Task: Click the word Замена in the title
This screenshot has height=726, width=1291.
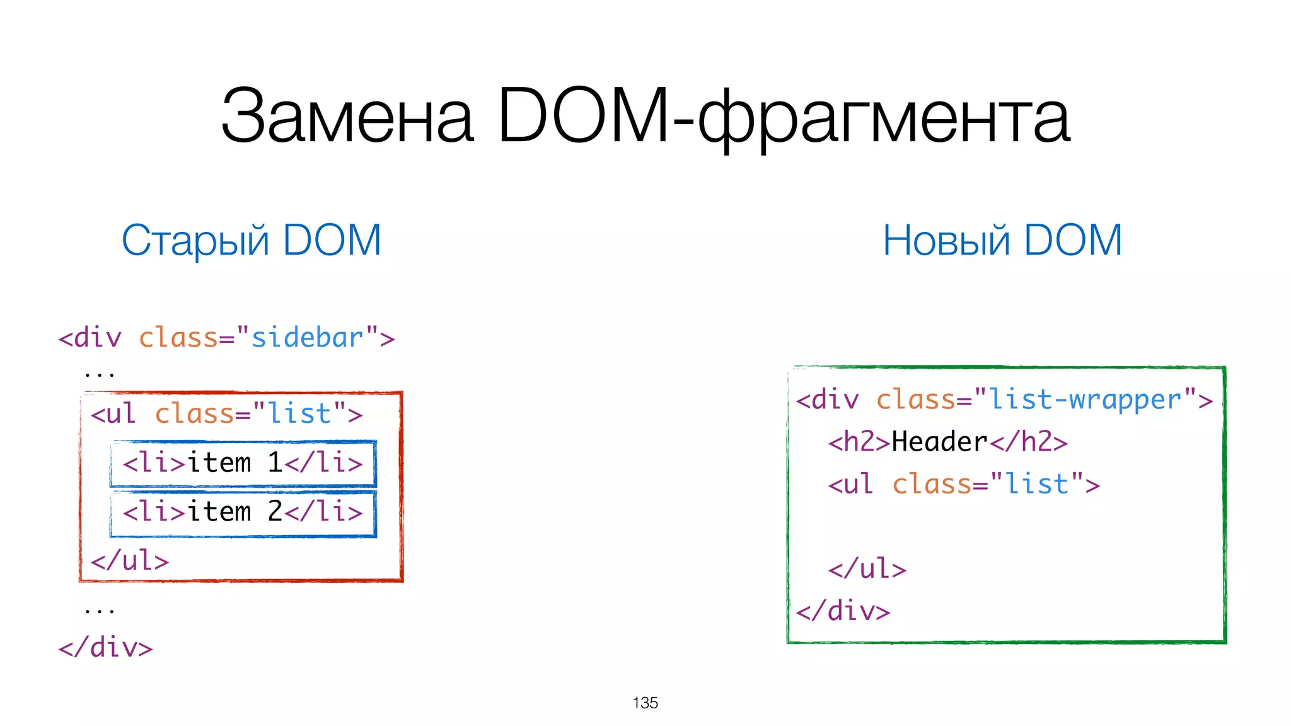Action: coord(347,117)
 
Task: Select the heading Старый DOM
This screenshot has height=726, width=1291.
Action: coord(252,241)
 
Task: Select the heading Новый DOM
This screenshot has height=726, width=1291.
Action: coord(1002,241)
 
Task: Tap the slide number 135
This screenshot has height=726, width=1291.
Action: coord(645,703)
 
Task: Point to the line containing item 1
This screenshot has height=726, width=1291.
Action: coord(243,463)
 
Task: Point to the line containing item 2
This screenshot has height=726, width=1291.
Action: coord(243,512)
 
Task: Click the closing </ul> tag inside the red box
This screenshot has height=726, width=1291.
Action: coord(130,561)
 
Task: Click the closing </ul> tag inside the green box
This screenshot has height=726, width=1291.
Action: coord(867,569)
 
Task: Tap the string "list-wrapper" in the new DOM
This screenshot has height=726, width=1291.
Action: coord(1084,400)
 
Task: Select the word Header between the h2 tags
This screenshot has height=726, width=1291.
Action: coord(939,442)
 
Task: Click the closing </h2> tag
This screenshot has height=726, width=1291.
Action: coord(1029,442)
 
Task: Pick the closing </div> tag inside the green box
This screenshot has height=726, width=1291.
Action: coord(843,611)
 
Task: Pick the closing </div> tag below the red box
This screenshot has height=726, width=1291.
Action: coord(106,648)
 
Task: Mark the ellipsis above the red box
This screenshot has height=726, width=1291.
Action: coord(100,374)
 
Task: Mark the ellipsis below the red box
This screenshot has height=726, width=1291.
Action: coord(100,610)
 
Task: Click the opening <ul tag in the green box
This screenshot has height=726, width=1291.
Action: coord(851,485)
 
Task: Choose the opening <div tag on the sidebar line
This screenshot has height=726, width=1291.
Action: coord(90,338)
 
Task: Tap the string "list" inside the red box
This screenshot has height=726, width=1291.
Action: coord(299,414)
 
